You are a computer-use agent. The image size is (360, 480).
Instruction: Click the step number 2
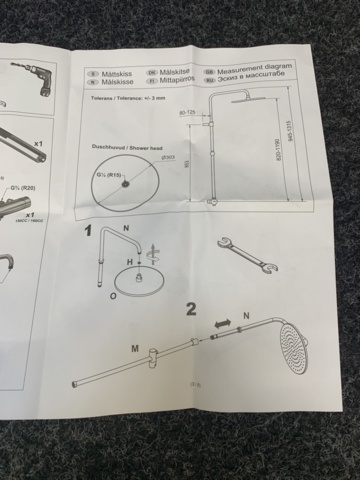(x=191, y=307)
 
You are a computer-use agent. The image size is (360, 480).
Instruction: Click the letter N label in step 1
(x=125, y=228)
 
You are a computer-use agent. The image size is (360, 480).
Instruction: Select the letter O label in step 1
(x=113, y=297)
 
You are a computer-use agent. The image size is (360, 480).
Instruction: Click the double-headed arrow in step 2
(x=221, y=324)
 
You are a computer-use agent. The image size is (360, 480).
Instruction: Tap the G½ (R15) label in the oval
(x=107, y=177)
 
